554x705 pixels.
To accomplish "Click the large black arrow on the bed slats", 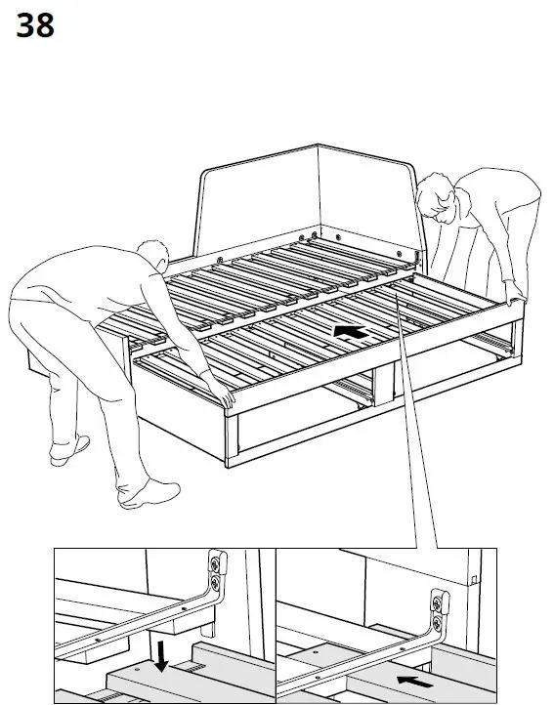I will point(352,332).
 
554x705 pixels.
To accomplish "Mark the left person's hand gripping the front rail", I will point(227,396).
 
